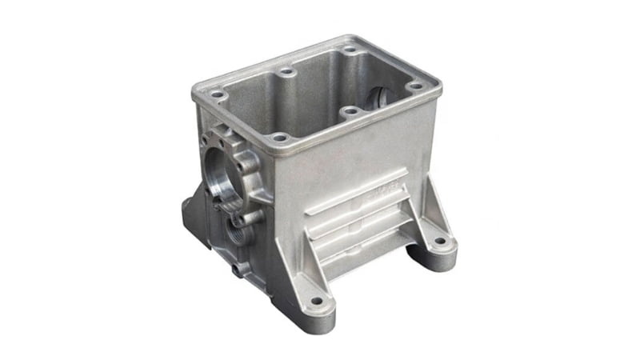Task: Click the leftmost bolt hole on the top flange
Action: (x=214, y=94)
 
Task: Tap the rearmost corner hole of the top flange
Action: (x=350, y=50)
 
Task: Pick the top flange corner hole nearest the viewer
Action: (x=278, y=137)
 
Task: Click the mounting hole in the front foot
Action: (x=317, y=302)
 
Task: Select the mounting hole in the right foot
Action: (x=438, y=241)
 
